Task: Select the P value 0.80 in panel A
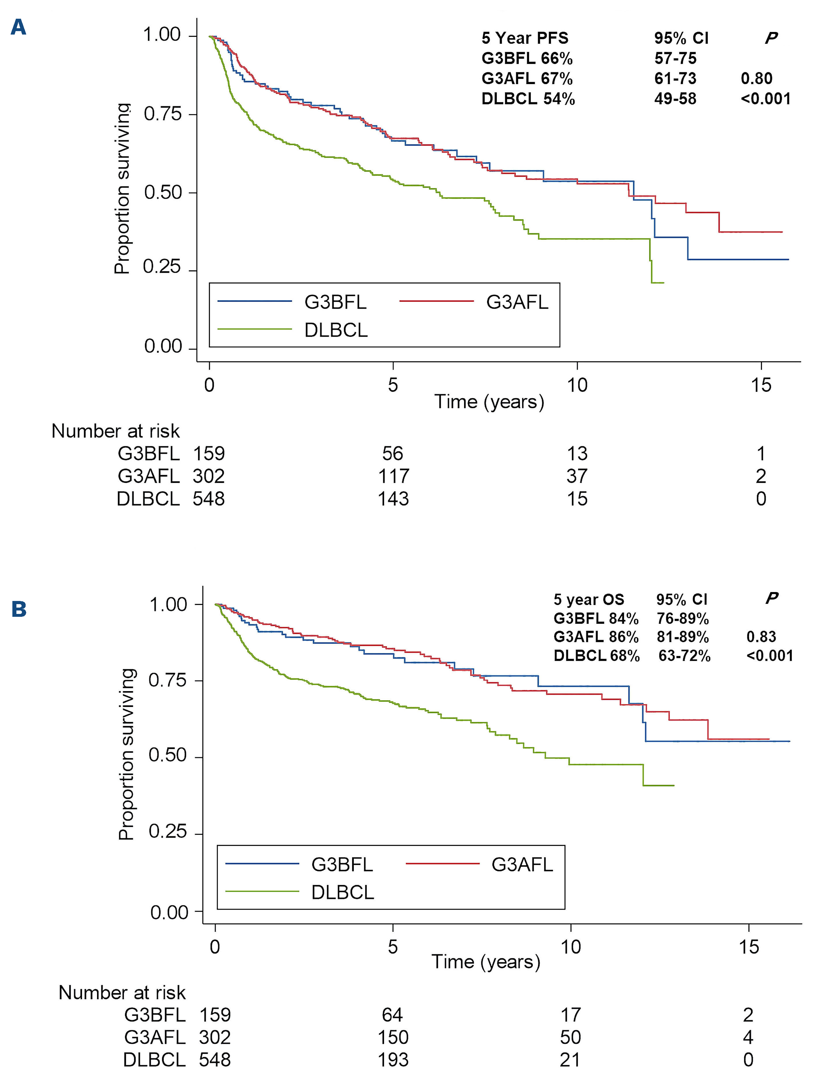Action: click(x=757, y=78)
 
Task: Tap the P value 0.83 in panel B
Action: click(x=761, y=636)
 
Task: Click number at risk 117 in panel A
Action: click(x=393, y=476)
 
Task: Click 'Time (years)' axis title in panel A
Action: click(x=489, y=402)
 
